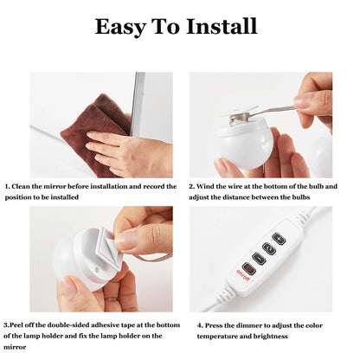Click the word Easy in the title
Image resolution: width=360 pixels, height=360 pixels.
(120, 27)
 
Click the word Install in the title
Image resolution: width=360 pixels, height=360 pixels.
(222, 26)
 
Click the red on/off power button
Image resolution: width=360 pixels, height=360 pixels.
(249, 268)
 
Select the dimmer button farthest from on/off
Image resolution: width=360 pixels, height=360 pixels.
(279, 239)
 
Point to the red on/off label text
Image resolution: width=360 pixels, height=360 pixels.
(244, 276)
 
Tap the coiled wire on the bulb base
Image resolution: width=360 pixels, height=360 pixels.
(240, 119)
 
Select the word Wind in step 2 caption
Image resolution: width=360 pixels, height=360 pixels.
(204, 186)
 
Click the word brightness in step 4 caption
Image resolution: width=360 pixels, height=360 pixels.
(271, 337)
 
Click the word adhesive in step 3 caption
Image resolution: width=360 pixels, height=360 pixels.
(106, 325)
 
